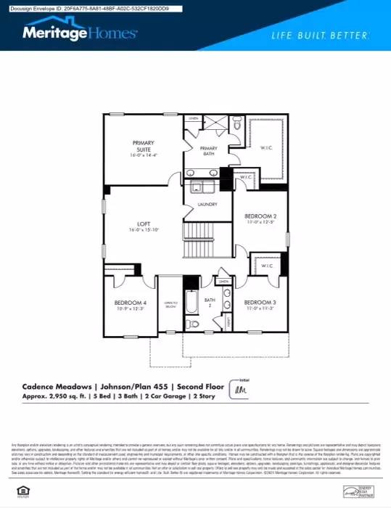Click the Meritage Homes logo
(x=80, y=33)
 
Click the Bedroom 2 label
(x=260, y=218)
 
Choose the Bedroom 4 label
(x=131, y=304)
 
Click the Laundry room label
(x=207, y=205)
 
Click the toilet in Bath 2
(x=192, y=324)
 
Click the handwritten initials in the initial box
(x=239, y=390)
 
